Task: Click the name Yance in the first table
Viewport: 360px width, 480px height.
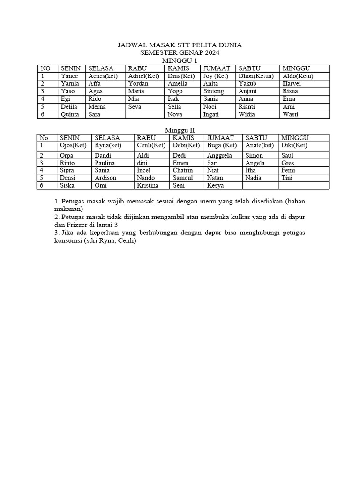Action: [69, 76]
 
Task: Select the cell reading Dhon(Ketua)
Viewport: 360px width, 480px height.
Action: [256, 76]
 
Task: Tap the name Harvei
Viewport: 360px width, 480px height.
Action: [292, 83]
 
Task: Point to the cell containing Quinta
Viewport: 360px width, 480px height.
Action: [70, 114]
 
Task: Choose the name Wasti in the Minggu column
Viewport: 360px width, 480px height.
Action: [291, 114]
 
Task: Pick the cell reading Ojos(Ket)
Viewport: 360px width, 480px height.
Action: [73, 145]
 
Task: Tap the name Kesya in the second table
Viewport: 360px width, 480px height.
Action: [216, 186]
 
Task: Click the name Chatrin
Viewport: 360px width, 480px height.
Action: [183, 170]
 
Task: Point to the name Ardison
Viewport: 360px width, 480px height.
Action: [105, 178]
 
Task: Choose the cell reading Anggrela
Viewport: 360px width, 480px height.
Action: [219, 155]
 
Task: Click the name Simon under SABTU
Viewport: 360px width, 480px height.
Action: [254, 155]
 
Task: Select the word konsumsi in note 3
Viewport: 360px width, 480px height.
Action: [69, 241]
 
